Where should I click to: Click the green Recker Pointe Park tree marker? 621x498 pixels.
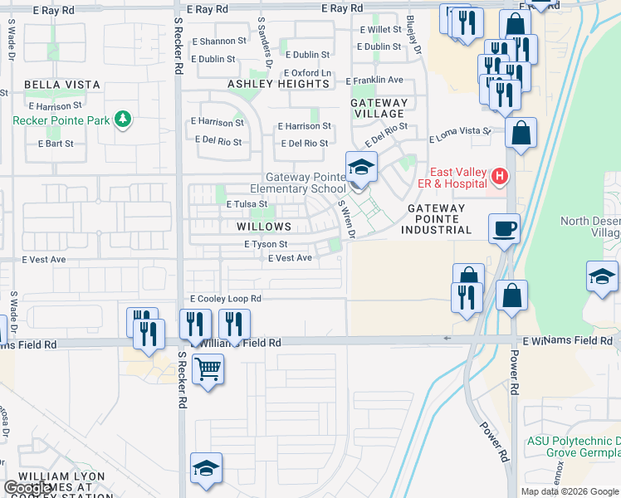coord(124,120)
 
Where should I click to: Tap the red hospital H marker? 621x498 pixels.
coord(500,175)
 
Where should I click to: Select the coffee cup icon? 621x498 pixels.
coord(504,228)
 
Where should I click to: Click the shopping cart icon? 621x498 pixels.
coord(208,369)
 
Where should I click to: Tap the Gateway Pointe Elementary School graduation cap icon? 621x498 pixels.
coord(361,168)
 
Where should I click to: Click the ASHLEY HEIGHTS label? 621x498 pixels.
coord(278,84)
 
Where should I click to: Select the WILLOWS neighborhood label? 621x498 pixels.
coord(263,227)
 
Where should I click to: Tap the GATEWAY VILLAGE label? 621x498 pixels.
coord(379,109)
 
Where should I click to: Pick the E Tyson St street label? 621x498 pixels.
coord(266,245)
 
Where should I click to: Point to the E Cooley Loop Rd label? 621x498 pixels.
coord(226,299)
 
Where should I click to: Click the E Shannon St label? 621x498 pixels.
coord(218,40)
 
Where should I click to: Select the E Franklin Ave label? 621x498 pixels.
coord(374,81)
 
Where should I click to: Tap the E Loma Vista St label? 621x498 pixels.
coord(460,135)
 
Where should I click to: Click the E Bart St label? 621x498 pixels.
coord(56,144)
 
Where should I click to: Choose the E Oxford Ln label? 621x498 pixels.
coord(307,73)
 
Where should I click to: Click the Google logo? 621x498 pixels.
coord(28,488)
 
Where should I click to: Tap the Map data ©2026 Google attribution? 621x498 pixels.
coord(570,491)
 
